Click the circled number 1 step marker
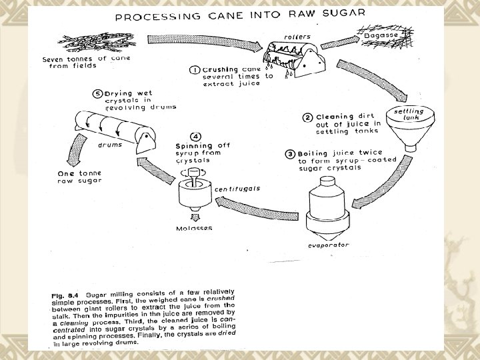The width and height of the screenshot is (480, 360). click(195, 70)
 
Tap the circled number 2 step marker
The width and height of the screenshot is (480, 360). click(307, 117)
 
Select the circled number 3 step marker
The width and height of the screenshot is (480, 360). click(290, 154)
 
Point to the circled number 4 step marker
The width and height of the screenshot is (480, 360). click(195, 137)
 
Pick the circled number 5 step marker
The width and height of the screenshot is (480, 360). click(97, 94)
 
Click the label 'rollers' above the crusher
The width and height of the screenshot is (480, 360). click(297, 37)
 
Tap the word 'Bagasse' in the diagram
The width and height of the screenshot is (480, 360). click(381, 35)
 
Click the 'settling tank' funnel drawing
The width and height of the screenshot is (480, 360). click(410, 128)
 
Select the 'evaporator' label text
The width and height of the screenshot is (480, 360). click(329, 245)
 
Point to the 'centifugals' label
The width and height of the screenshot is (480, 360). click(237, 189)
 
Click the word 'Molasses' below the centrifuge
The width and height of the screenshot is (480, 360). click(194, 228)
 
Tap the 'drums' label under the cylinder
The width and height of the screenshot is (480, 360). click(110, 145)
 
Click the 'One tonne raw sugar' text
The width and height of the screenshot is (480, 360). click(79, 177)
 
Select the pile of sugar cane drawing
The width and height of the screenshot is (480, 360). click(97, 41)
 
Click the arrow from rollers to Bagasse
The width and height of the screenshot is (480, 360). click(340, 42)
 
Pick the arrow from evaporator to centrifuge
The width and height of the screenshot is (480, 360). click(257, 209)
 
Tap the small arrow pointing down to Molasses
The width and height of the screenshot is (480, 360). click(195, 217)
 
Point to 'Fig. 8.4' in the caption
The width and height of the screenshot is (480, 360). click(65, 296)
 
